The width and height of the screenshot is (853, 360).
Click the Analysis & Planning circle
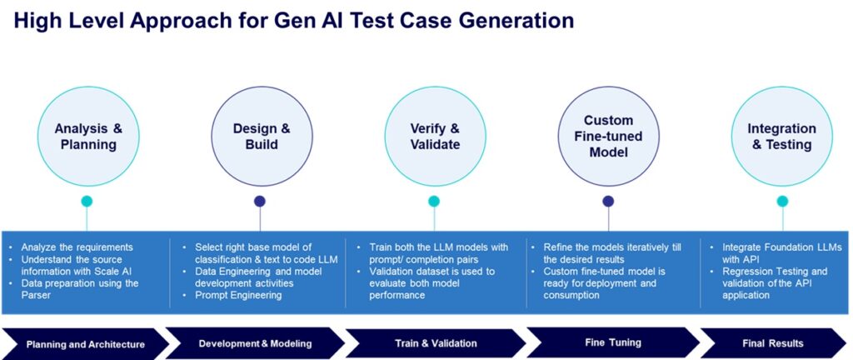[x=87, y=136]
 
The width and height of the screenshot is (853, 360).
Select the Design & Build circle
[x=261, y=136]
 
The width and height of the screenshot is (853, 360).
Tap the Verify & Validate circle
[x=434, y=136]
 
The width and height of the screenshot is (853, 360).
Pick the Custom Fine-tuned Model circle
[x=608, y=136]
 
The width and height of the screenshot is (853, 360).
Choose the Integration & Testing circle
[x=781, y=136]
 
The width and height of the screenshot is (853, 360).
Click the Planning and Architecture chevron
[x=85, y=343]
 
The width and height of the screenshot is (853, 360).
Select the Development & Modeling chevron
[x=255, y=343]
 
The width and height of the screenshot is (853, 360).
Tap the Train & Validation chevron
[x=435, y=343]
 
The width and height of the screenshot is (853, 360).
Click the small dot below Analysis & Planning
[x=87, y=201]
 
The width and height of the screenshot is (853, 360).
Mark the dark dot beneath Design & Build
[x=260, y=201]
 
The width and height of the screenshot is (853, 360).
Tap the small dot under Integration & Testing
[x=782, y=201]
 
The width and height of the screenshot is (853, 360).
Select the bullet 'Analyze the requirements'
[x=77, y=247]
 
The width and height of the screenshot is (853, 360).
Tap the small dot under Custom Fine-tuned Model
[x=608, y=201]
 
